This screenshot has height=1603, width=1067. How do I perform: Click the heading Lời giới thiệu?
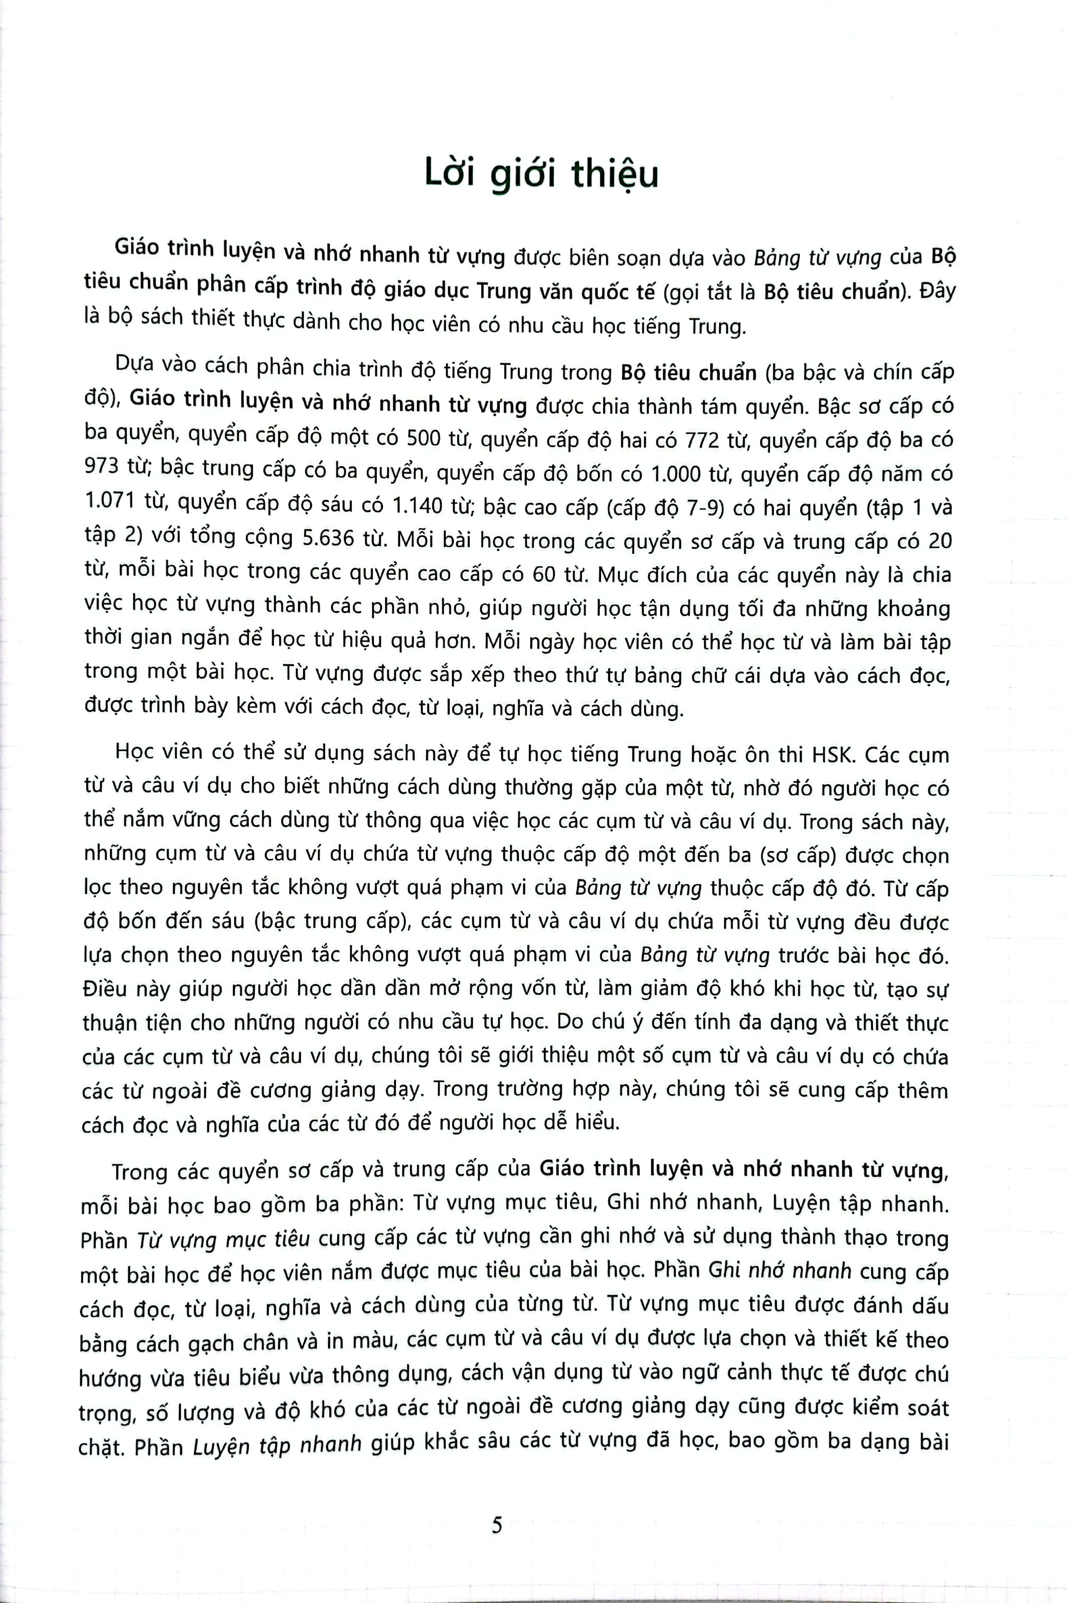tap(541, 175)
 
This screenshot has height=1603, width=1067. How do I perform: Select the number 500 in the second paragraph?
tap(425, 440)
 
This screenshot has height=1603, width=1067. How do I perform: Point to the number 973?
tap(101, 467)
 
